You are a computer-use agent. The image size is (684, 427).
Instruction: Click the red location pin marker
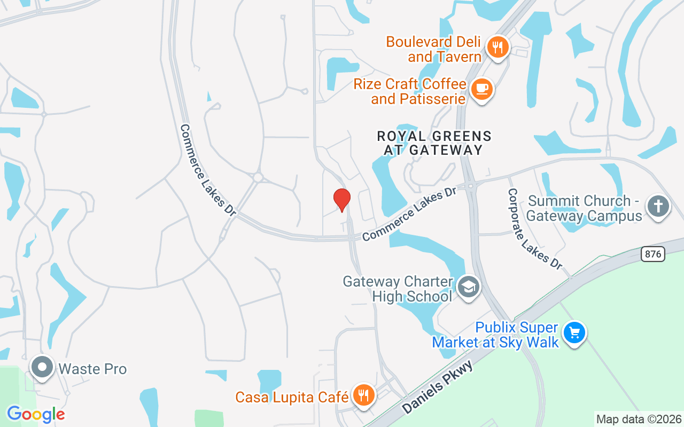(342, 200)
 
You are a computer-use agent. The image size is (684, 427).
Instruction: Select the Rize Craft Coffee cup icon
(482, 88)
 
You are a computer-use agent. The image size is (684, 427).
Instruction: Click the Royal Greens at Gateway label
(434, 143)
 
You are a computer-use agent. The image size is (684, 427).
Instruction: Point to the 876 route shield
(652, 255)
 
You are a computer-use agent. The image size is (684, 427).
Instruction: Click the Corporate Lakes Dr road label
(535, 228)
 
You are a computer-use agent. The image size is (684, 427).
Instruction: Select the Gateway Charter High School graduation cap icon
(468, 287)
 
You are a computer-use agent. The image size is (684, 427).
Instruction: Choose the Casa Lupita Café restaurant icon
(364, 396)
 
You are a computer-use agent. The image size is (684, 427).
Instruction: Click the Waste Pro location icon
(42, 367)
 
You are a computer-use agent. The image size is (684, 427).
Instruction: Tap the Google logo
(36, 414)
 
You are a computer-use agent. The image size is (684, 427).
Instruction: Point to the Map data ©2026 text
(639, 419)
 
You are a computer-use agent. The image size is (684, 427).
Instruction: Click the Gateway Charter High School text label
(398, 289)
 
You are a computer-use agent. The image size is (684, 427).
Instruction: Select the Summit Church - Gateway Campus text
(585, 209)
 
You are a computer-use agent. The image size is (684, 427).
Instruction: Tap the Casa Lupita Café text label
(292, 397)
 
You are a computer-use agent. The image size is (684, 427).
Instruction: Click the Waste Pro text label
(92, 369)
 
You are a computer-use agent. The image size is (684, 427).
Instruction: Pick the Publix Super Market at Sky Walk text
(495, 335)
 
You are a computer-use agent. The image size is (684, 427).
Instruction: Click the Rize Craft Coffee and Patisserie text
(410, 91)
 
